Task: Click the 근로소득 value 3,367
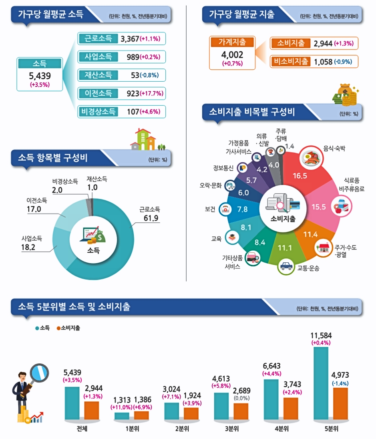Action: point(129,39)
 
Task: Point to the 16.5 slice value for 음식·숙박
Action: point(300,176)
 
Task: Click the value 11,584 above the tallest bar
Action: point(321,335)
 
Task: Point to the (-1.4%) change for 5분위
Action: point(340,383)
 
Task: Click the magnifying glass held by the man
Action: point(39,373)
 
